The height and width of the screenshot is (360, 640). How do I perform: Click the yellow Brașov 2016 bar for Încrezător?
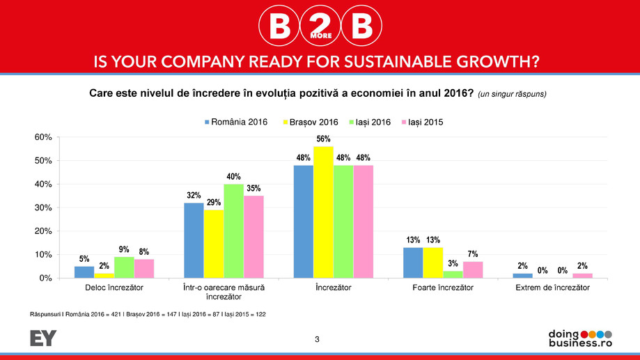click(323, 212)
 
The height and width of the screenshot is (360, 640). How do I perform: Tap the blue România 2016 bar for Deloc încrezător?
click(84, 272)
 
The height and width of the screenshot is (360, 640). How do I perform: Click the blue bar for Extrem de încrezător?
click(522, 276)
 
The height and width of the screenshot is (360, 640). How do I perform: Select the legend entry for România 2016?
click(235, 122)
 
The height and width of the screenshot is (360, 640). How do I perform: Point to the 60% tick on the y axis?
click(43, 137)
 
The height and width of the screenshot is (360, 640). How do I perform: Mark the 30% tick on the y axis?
click(43, 208)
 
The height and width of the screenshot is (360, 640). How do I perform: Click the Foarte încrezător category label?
click(443, 288)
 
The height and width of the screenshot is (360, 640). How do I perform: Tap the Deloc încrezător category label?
click(114, 288)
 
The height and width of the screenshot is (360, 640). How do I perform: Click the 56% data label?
click(323, 139)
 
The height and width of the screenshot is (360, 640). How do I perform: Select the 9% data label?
click(124, 249)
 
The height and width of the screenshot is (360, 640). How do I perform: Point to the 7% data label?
click(473, 254)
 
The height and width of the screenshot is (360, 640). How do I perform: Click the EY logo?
click(43, 338)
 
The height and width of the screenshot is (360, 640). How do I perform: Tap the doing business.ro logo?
click(580, 338)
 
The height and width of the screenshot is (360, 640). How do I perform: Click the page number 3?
click(318, 339)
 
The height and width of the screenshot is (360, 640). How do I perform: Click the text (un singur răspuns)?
click(516, 94)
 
